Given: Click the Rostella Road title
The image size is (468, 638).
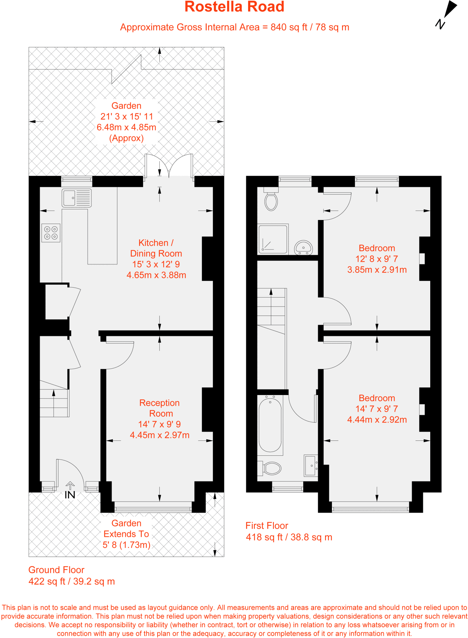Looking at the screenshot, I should (234, 7).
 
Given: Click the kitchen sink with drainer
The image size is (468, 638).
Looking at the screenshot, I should (76, 198).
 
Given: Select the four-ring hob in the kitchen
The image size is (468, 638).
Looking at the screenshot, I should (51, 233).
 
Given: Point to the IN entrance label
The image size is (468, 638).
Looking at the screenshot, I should (70, 495).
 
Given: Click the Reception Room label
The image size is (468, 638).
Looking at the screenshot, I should (159, 408).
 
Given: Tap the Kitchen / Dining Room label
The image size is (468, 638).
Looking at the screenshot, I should (156, 248).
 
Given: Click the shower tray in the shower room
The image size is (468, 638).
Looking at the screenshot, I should (273, 239).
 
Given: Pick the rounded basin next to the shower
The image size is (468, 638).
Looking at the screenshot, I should (303, 247).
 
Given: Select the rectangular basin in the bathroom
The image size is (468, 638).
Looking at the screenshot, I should (310, 466).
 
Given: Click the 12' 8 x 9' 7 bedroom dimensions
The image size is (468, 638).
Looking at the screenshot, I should (377, 259).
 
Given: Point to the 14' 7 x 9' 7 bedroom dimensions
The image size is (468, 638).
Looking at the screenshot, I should (377, 409).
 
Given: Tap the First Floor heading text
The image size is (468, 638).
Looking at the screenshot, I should (267, 526).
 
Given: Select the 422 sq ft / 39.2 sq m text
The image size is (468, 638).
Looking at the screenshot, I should (72, 581).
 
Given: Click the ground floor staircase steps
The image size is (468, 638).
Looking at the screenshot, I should (54, 403).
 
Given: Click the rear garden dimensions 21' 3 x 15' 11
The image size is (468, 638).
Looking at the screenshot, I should (127, 117).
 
